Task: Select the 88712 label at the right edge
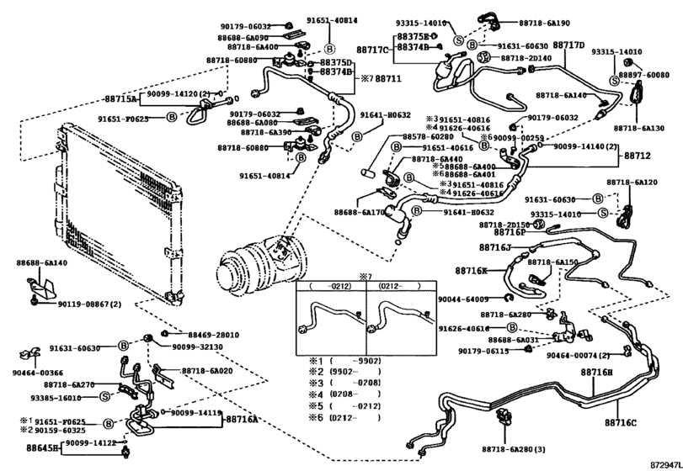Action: point(638,156)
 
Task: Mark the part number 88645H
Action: point(42,448)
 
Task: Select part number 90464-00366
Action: point(38,373)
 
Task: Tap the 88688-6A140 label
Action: point(41,263)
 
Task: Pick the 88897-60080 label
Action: point(641,75)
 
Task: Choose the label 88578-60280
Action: point(427,136)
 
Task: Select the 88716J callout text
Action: point(495,247)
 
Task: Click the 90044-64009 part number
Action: point(463,299)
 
